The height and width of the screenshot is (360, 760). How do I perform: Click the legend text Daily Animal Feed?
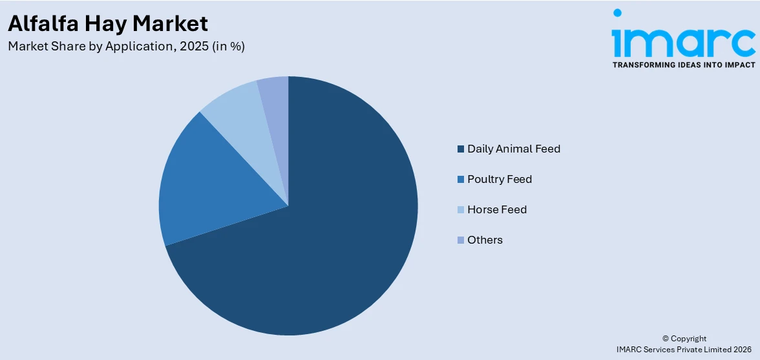514,149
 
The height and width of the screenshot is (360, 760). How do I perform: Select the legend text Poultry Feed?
500,179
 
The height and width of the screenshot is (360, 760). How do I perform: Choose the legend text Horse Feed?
497,209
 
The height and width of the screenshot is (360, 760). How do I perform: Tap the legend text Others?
485,240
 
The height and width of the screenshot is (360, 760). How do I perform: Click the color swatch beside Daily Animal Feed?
461,149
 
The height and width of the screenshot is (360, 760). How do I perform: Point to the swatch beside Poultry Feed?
461,180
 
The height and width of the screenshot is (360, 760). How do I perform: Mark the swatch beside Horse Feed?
461,210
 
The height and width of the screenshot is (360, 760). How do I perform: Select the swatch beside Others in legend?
461,240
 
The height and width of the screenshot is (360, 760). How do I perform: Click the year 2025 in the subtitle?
190,47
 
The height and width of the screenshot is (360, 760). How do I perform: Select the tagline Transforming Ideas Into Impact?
683,65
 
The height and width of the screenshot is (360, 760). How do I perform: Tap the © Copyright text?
684,339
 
